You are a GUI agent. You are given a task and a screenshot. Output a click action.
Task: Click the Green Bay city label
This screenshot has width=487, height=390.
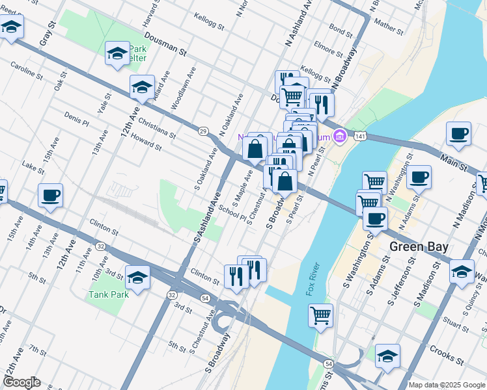click(416, 247)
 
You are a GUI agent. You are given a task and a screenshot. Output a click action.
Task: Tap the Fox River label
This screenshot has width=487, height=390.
click(315, 280)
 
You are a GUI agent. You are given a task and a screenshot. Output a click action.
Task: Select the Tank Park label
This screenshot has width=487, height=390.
click(109, 294)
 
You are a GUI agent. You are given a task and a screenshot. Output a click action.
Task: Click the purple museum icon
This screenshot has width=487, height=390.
click(339, 136)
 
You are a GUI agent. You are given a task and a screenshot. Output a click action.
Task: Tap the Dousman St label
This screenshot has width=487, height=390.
click(166, 44)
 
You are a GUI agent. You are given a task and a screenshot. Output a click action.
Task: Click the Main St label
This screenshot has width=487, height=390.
click(453, 159)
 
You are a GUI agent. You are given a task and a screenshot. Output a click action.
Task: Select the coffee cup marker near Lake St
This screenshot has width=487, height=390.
click(50, 196)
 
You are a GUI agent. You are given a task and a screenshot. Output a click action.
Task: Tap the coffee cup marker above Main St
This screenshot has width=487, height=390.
click(458, 133)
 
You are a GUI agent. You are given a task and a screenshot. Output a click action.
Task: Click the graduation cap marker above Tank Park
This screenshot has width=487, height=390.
click(137, 278)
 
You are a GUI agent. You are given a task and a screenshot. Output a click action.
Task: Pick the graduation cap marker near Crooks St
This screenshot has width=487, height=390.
click(387, 356)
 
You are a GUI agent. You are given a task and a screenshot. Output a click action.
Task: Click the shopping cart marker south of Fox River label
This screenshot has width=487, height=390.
click(321, 316)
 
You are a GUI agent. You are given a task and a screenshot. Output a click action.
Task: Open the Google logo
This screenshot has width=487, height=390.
click(21, 382)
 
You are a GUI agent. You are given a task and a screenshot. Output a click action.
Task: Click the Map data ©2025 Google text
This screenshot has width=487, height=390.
click(447, 385)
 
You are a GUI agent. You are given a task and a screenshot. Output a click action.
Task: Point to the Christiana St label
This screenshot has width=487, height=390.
click(158, 129)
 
